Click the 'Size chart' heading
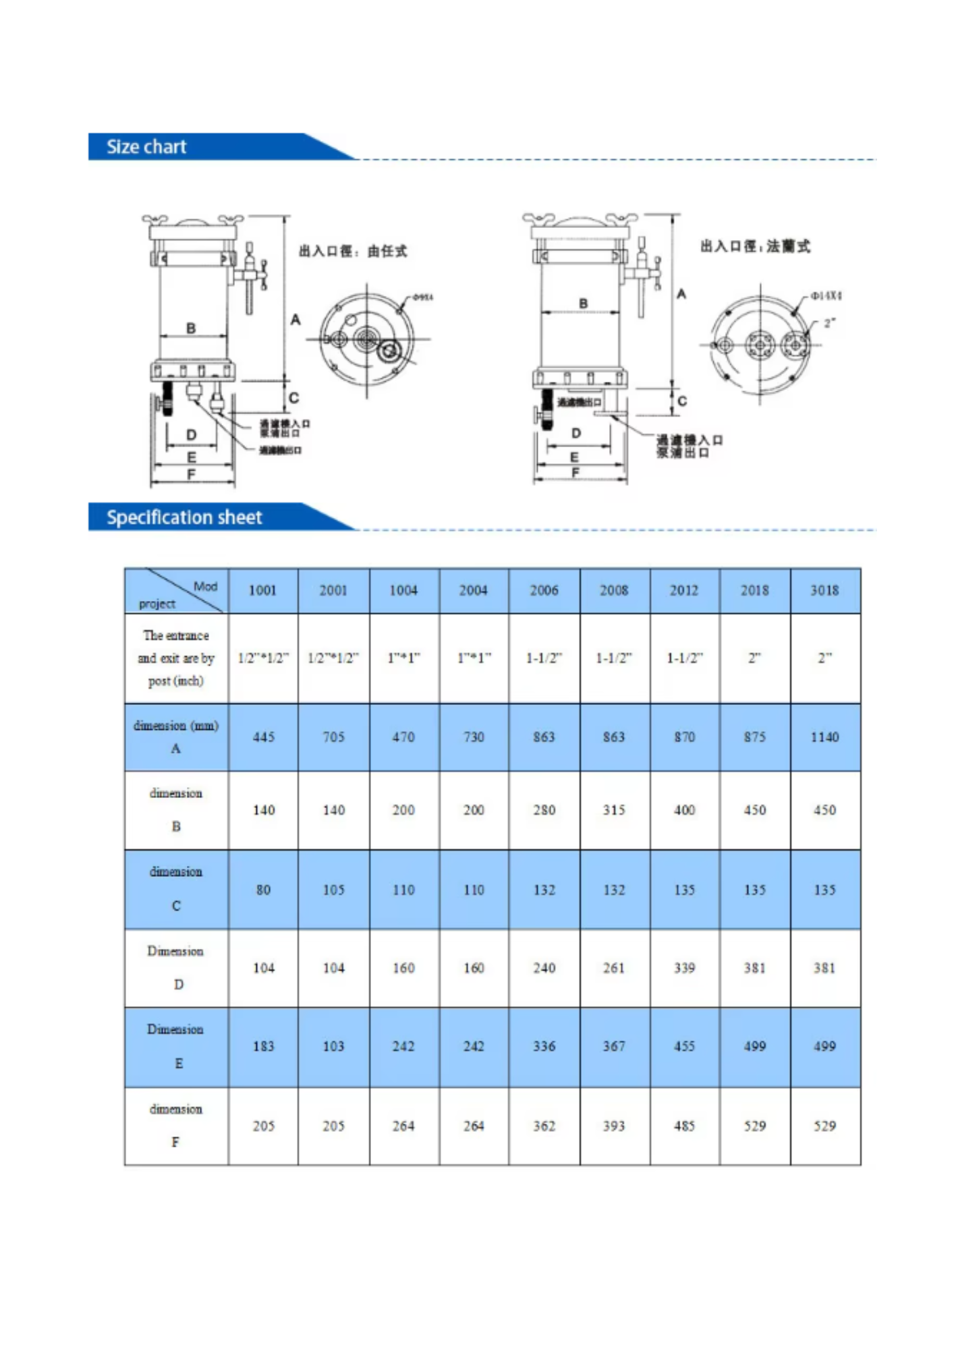tap(146, 147)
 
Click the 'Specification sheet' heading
tap(184, 517)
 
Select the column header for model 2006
tap(544, 591)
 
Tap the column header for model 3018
tap(824, 591)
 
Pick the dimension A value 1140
tap(824, 737)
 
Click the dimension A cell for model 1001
tap(263, 737)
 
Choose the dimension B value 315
tap(614, 810)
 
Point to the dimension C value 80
tap(263, 890)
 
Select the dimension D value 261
tap(614, 969)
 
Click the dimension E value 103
tap(333, 1047)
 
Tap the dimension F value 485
tap(684, 1126)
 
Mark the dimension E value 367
tap(614, 1047)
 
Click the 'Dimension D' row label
tap(176, 967)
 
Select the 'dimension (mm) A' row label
tap(176, 737)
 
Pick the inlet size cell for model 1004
tap(403, 658)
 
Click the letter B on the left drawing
tap(191, 328)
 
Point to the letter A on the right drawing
tap(681, 294)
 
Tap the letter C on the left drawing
tap(293, 398)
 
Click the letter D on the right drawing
tap(576, 433)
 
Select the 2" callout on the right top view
tap(829, 323)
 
